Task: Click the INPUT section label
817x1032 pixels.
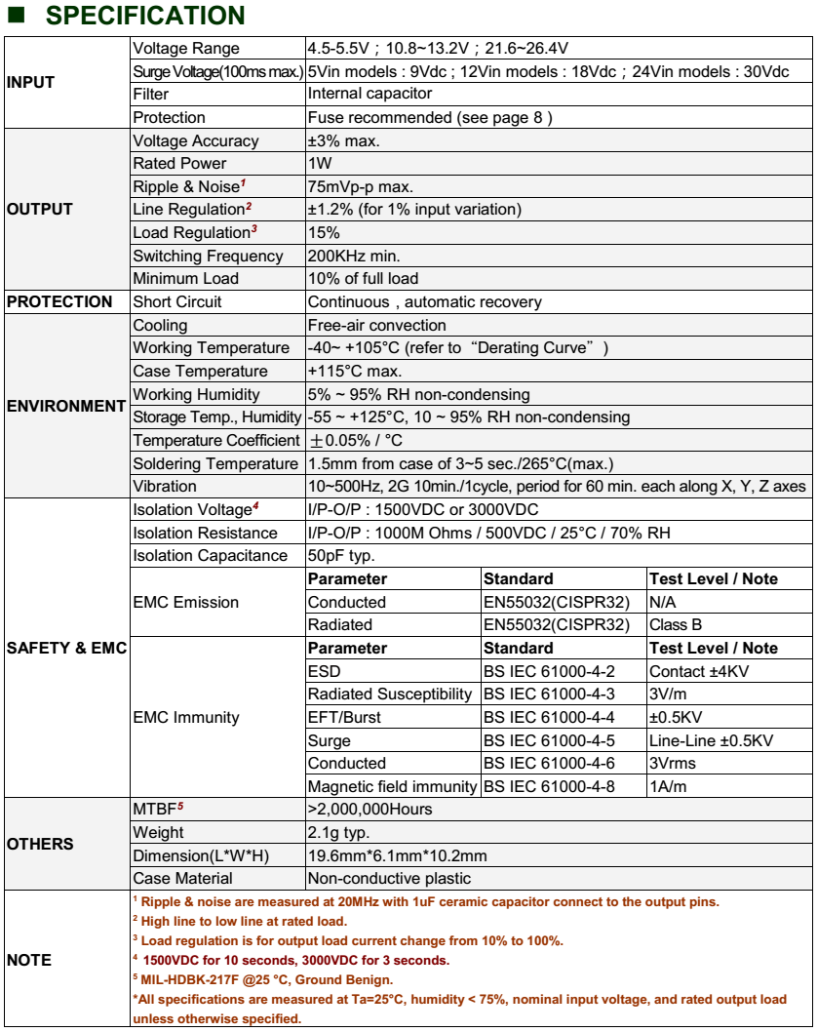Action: pos(31,83)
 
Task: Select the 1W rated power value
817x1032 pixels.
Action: pos(321,164)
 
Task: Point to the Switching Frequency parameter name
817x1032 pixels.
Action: pos(208,256)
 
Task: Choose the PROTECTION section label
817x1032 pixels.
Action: pos(59,301)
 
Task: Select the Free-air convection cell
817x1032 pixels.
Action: pos(376,325)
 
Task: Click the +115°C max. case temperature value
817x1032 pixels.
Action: pos(355,371)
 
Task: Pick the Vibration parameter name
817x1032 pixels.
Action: pos(165,486)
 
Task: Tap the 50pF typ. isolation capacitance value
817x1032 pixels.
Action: pos(341,555)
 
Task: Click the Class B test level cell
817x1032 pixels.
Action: pos(676,624)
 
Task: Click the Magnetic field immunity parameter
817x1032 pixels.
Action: pos(392,786)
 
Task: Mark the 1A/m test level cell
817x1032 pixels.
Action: pos(669,786)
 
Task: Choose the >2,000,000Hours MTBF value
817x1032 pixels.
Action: pos(370,809)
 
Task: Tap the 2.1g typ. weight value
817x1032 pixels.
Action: pos(338,832)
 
